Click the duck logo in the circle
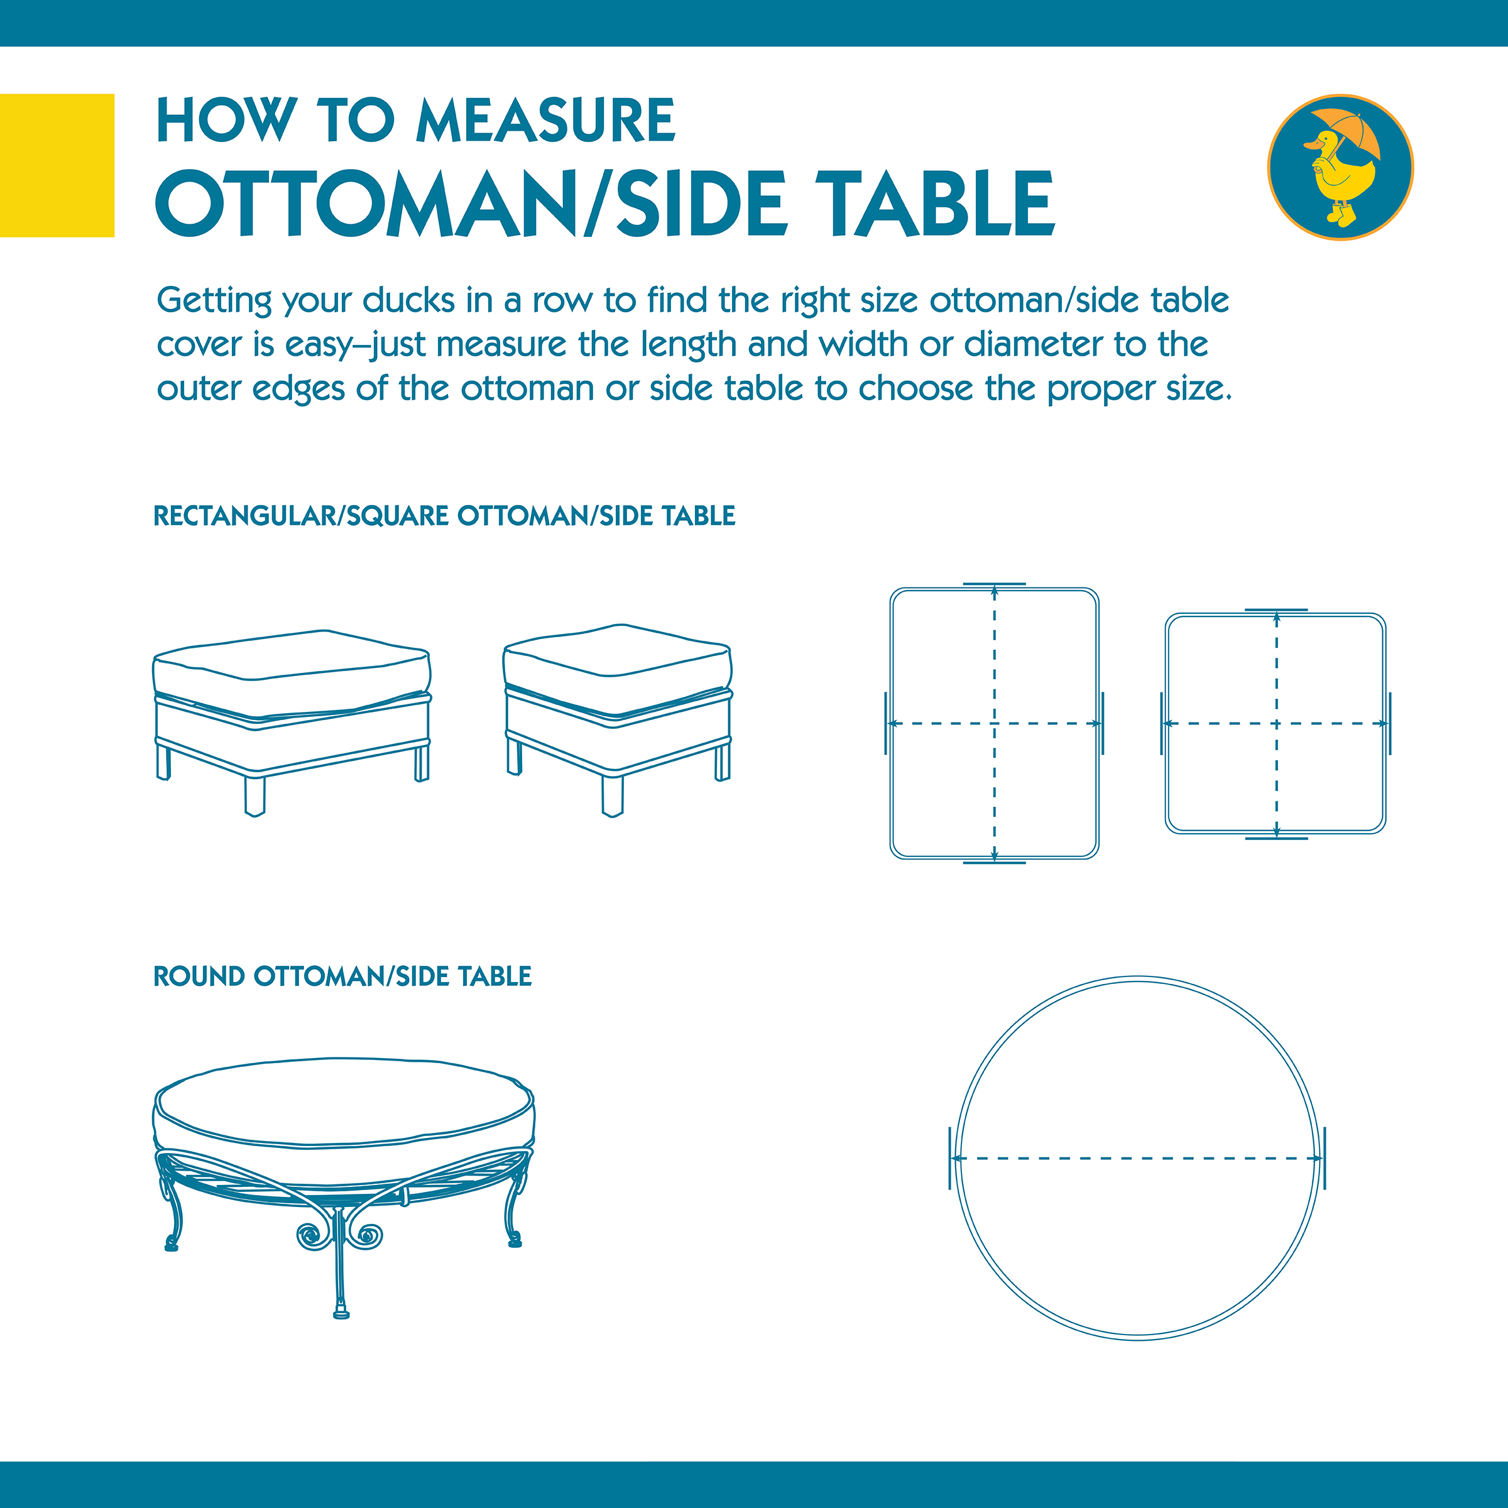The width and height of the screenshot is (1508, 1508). click(1340, 167)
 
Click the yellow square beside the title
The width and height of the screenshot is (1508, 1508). click(57, 165)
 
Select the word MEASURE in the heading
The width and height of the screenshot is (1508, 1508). click(545, 121)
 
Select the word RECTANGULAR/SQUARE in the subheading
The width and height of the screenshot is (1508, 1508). click(302, 516)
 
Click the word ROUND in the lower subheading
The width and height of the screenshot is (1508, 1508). click(199, 976)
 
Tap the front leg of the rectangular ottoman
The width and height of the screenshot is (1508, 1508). click(254, 795)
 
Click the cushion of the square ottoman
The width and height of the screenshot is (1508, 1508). click(618, 670)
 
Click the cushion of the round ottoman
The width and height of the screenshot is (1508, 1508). click(344, 1103)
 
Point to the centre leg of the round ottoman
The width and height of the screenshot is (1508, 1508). click(339, 1264)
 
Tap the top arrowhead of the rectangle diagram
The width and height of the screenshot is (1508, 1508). click(995, 594)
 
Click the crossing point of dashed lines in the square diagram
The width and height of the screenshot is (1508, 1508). click(1276, 724)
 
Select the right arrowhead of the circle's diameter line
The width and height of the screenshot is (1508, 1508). click(1316, 1158)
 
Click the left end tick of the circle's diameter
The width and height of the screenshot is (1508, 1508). click(950, 1158)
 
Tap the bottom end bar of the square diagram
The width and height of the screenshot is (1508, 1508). click(1276, 838)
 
